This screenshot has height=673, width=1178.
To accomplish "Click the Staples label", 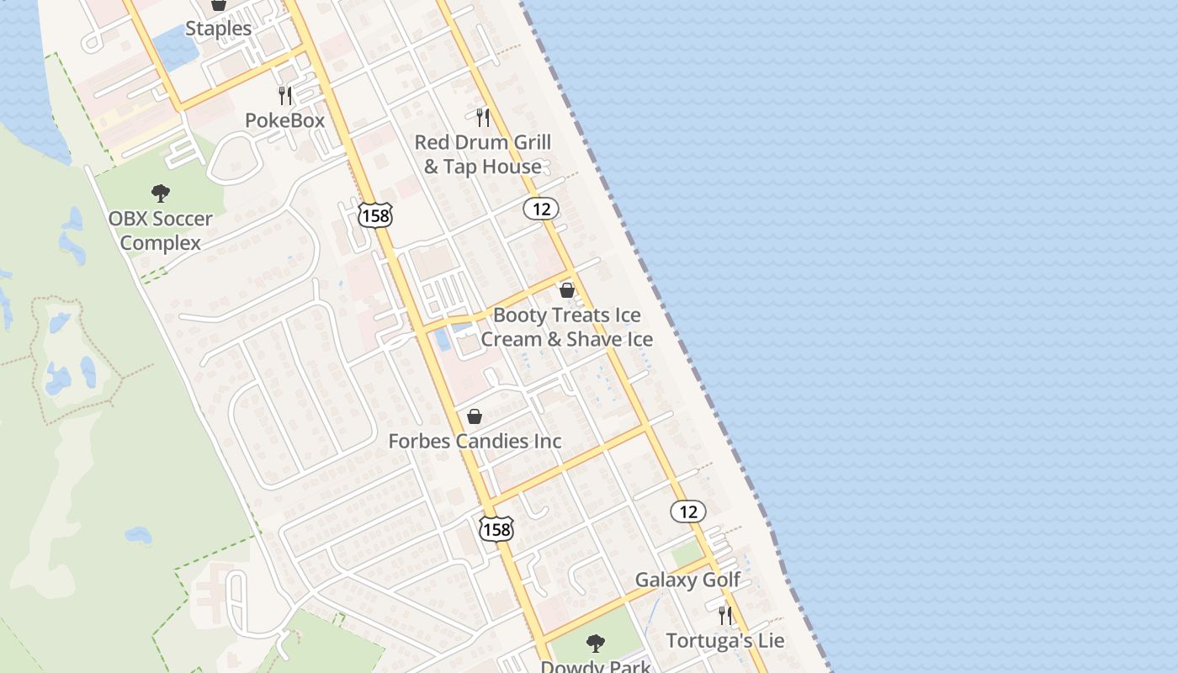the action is pos(218,29).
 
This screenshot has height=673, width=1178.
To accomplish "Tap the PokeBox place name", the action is pos(284,120).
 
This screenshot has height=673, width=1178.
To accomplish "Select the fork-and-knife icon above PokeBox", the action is pos(285,96).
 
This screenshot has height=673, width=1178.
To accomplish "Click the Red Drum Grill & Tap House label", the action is pos(483,154).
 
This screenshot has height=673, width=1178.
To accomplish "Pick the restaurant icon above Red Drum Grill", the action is pos(483,117).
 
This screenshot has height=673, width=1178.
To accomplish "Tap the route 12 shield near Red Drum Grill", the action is pos(541,209).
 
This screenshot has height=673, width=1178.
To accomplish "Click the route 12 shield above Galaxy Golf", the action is pos(688,511).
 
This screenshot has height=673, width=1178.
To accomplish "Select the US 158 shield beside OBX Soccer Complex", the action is pos(374,215).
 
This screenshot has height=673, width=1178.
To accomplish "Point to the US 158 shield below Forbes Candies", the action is pos(496,528).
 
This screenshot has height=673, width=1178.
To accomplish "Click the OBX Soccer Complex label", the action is pos(160,231).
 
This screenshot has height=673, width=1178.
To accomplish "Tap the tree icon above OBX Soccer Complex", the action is pos(161,193).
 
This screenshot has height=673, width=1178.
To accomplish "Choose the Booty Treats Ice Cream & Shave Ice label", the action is pos(567,327).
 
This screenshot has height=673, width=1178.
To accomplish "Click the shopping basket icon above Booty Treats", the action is pos(567,290).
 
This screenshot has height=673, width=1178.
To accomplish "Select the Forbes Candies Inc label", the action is pos(475,441).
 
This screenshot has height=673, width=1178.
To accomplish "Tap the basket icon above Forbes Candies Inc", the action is pos(475,416).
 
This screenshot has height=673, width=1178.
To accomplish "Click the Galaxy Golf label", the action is pos(687,580).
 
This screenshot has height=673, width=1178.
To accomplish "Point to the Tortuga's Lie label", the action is pos(725,640).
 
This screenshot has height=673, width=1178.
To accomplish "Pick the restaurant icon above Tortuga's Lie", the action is pos(725,616).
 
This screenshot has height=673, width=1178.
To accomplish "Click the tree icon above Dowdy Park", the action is pos(596,644).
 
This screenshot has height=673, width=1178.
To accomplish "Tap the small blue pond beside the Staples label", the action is pos(176,50).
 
